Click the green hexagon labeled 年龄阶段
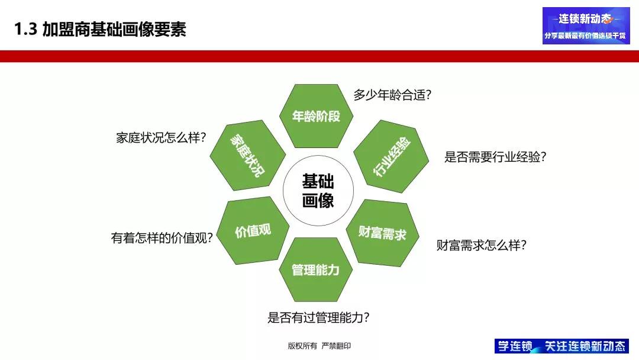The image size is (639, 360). pyautogui.click(x=316, y=116)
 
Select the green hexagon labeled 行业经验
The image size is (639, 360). pyautogui.click(x=391, y=157)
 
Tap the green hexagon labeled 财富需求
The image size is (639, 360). pyautogui.click(x=382, y=233)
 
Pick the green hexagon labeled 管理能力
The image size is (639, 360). pyautogui.click(x=315, y=270)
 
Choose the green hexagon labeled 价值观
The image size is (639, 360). pyautogui.click(x=253, y=231)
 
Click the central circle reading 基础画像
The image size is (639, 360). pyautogui.click(x=318, y=191)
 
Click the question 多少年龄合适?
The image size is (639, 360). pyautogui.click(x=392, y=95)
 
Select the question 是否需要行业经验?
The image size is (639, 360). pyautogui.click(x=495, y=157)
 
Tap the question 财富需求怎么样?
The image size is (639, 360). pyautogui.click(x=481, y=245)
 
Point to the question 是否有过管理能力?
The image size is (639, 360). pyautogui.click(x=319, y=317)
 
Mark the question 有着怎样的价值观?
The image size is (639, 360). pyautogui.click(x=162, y=238)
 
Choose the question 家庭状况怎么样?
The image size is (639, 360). pyautogui.click(x=160, y=138)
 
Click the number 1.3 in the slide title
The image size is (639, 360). pyautogui.click(x=26, y=30)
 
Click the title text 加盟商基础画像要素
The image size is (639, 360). pyautogui.click(x=115, y=30)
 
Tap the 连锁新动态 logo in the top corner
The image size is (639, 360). pyautogui.click(x=586, y=25)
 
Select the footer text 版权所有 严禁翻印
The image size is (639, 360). pyautogui.click(x=319, y=346)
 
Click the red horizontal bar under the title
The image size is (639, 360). pyautogui.click(x=319, y=56)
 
